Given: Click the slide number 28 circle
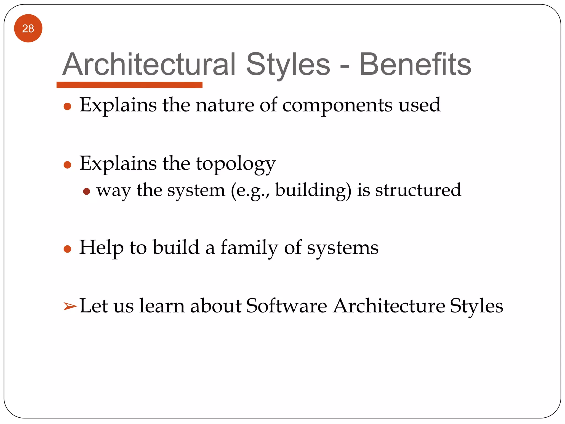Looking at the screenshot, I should click(x=28, y=28).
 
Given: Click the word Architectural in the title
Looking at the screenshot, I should click(x=149, y=65).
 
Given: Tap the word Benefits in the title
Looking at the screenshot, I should click(x=415, y=65).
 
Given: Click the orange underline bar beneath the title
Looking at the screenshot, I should click(x=129, y=85).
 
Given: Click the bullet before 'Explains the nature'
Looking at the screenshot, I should click(x=67, y=107).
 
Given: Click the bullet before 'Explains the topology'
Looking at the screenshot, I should click(x=67, y=165).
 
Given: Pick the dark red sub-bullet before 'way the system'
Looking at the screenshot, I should click(x=87, y=191).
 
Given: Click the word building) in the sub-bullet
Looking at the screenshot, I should click(x=313, y=190).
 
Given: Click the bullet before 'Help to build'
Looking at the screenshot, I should click(x=67, y=249).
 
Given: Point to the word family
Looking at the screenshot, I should click(x=249, y=248).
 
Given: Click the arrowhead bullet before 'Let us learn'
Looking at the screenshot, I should click(x=70, y=306).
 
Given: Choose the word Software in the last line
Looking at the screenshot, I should click(x=286, y=306).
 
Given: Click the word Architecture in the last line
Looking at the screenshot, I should click(x=389, y=306).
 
